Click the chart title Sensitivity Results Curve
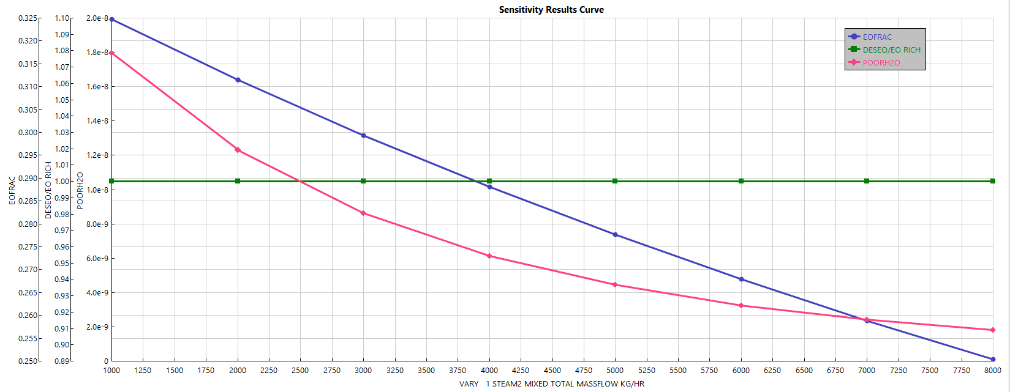point(551,9)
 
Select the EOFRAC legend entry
point(877,37)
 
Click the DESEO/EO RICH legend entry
point(891,50)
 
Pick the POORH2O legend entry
point(881,62)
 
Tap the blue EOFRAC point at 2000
point(238,80)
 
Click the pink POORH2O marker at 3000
point(363,213)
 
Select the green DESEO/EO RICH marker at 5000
point(615,181)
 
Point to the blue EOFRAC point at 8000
point(993,359)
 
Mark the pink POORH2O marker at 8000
point(993,330)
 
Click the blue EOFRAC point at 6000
point(741,279)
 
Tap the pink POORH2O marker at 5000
point(615,284)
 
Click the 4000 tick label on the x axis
point(489,370)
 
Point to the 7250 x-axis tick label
point(899,370)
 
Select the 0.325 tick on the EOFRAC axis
point(27,18)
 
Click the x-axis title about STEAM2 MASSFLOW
point(551,383)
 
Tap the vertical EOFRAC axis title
point(12,190)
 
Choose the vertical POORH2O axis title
point(80,190)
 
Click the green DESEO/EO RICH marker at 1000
point(111,181)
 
